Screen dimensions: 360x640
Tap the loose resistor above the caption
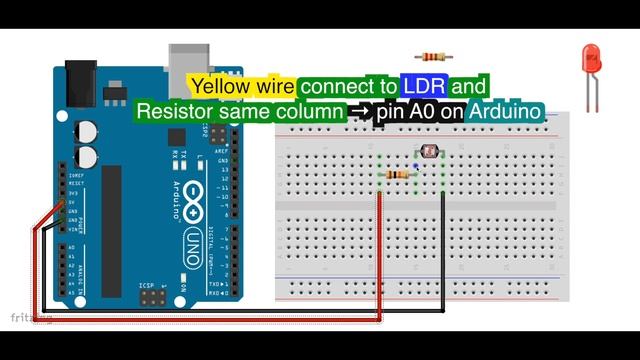(x=431, y=56)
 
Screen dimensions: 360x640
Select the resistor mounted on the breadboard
(x=397, y=175)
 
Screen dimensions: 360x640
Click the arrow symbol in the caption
(x=360, y=112)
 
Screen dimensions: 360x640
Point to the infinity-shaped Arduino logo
(x=191, y=200)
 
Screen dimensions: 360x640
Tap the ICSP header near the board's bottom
(x=154, y=297)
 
